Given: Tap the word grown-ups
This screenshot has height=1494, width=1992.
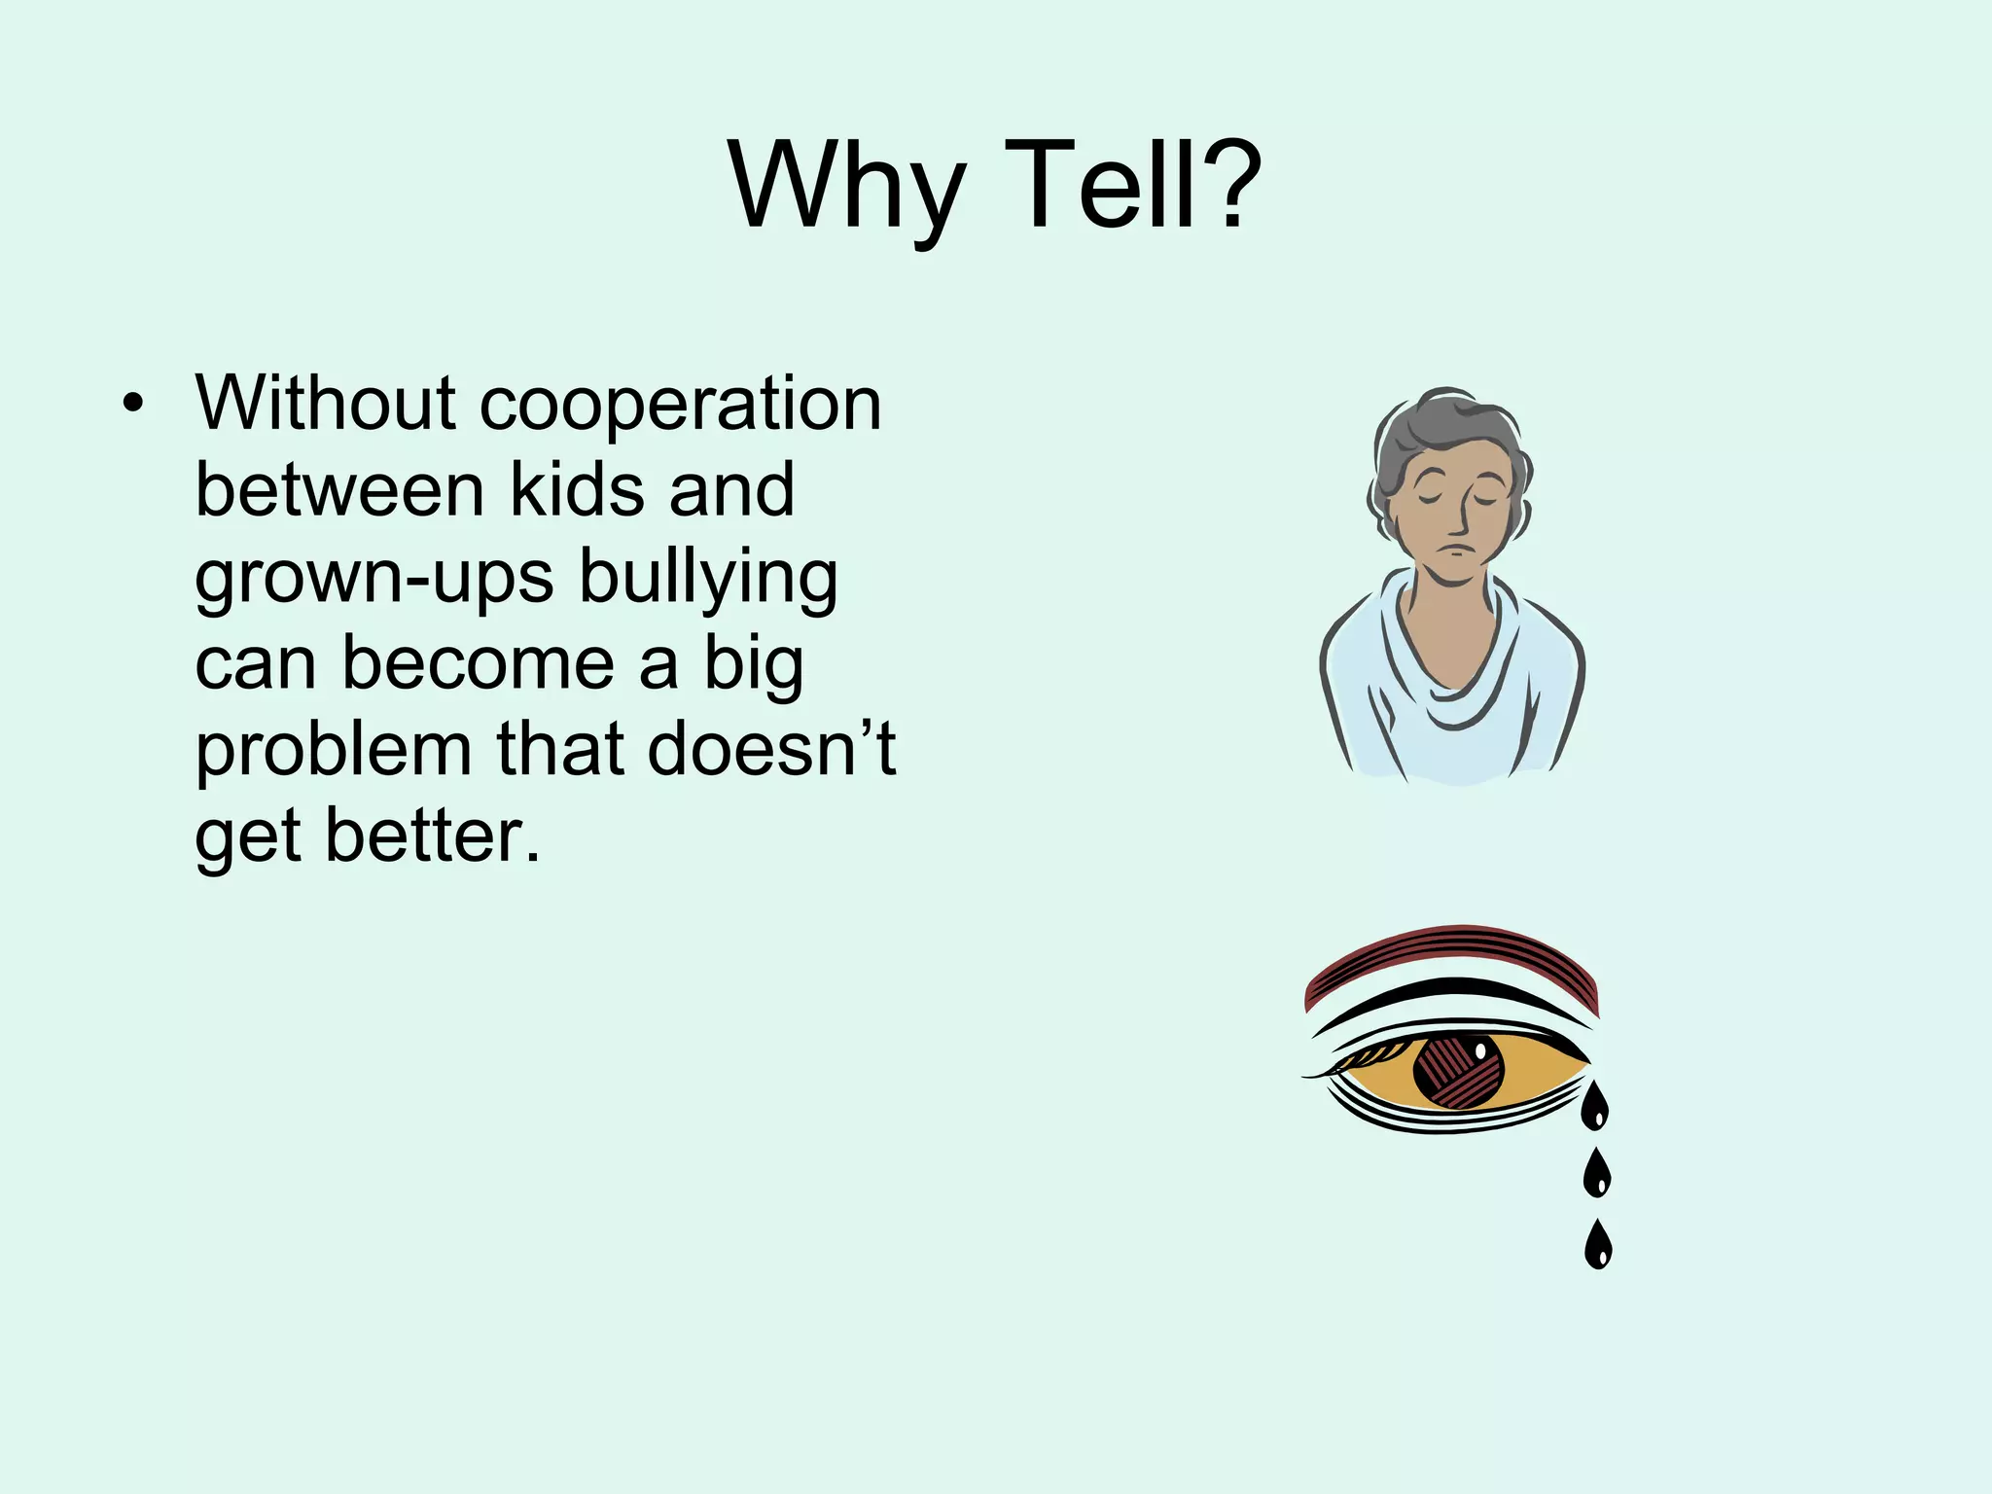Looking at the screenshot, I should tap(374, 578).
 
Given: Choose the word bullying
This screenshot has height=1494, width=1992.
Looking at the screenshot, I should tap(707, 578).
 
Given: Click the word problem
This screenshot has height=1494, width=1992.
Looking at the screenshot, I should tap(334, 751).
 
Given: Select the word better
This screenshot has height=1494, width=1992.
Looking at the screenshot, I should tap(431, 836).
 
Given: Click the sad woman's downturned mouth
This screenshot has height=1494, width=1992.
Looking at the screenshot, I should tap(1452, 551).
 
